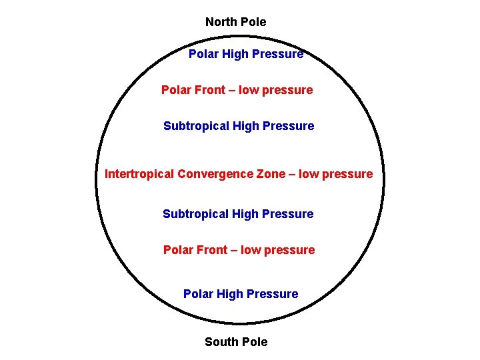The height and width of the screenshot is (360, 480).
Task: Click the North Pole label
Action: [x=235, y=22]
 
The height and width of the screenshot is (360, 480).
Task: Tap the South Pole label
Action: [x=236, y=342]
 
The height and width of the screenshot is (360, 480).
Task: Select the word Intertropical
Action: [x=139, y=175]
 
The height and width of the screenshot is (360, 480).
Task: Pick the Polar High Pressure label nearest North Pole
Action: [x=245, y=54]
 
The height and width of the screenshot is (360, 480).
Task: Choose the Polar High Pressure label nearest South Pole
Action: [x=241, y=294]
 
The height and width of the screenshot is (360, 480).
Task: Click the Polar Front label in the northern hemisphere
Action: [x=237, y=90]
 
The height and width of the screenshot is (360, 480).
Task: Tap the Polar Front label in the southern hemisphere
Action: [x=239, y=250]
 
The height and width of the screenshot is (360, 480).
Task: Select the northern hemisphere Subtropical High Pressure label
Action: [x=239, y=126]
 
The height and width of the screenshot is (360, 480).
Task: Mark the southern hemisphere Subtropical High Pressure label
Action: [x=238, y=214]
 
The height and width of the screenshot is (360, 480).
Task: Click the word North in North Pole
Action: [x=221, y=22]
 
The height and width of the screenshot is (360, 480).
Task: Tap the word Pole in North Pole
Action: [x=253, y=22]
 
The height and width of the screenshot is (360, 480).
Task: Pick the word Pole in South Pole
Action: [x=254, y=342]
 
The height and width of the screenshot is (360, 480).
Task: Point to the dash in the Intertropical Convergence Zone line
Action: [x=290, y=175]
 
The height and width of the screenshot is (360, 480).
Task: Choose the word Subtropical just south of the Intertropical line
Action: [x=196, y=214]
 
